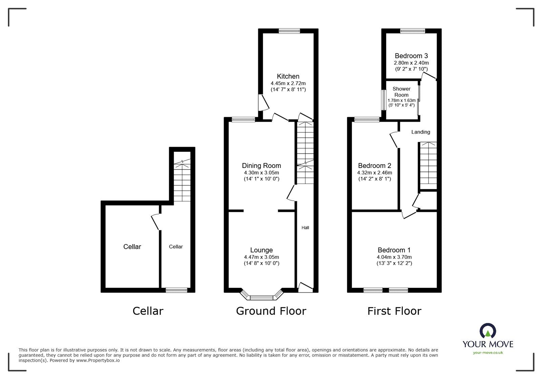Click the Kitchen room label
pyautogui.click(x=288, y=76)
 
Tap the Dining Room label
pyautogui.click(x=261, y=166)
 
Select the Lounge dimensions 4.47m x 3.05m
pyautogui.click(x=261, y=257)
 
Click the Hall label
pyautogui.click(x=305, y=228)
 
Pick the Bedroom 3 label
pyautogui.click(x=411, y=56)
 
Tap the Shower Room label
pyautogui.click(x=401, y=92)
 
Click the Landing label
pyautogui.click(x=421, y=132)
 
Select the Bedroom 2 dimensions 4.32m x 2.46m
pyautogui.click(x=374, y=173)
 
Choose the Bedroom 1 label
pyautogui.click(x=394, y=250)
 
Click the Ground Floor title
pyautogui.click(x=271, y=311)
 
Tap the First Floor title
pyautogui.click(x=394, y=311)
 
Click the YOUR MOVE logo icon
pyautogui.click(x=488, y=331)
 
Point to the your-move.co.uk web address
pyautogui.click(x=488, y=353)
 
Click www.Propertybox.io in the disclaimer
pyautogui.click(x=98, y=360)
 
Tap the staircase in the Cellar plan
pyautogui.click(x=182, y=181)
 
